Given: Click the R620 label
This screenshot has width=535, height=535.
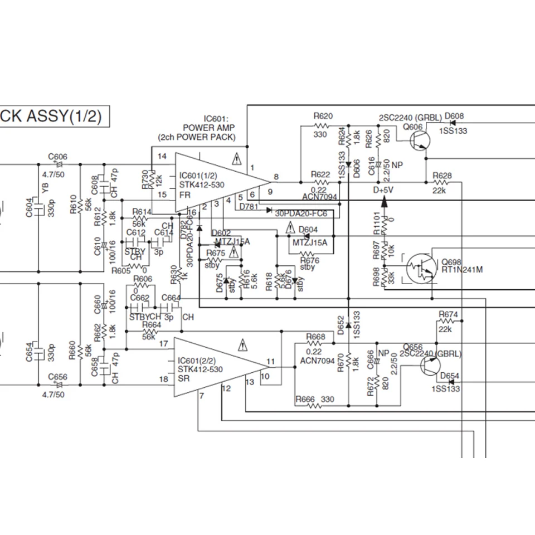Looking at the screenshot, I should tap(323, 116).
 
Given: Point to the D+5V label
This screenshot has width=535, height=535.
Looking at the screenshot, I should tap(383, 191).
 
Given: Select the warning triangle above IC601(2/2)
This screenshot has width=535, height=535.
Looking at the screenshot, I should tap(242, 344).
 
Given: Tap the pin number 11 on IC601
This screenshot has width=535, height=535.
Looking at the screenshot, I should tap(271, 361).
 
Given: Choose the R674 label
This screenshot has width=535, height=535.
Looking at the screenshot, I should tap(448, 314).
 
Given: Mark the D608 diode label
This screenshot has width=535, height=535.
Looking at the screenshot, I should tap(454, 116).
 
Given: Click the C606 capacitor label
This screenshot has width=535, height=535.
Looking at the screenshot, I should tap(57, 157).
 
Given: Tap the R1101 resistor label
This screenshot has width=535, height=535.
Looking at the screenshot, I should tap(377, 223).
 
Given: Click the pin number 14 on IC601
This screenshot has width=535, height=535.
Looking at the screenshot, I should tap(162, 157).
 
